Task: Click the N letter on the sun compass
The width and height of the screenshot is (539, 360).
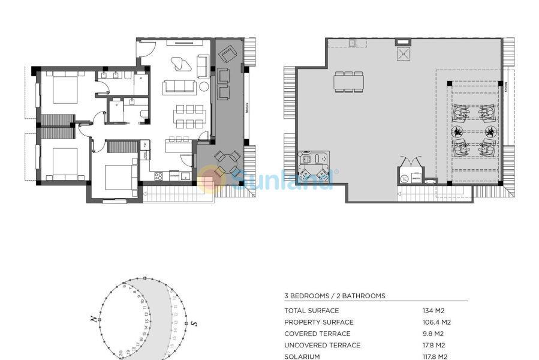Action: point(94,320)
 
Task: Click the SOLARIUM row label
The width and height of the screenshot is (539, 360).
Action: point(302,356)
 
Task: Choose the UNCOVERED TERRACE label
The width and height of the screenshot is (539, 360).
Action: point(322,345)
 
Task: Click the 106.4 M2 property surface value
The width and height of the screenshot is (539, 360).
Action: point(436,322)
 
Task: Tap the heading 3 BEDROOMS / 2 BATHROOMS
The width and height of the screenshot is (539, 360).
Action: point(335,296)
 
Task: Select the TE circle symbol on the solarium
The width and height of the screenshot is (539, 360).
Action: point(404,179)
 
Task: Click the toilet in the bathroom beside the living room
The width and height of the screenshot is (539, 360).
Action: point(143,115)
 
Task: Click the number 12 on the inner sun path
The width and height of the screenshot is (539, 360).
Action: point(146,318)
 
